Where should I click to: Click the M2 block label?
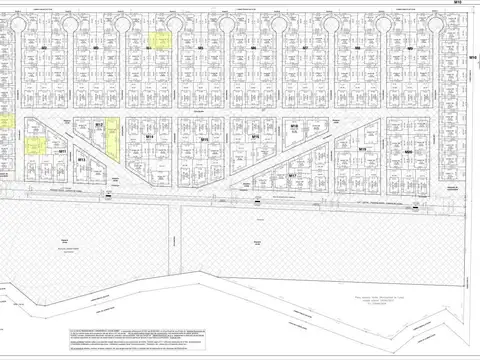click(x=45, y=47)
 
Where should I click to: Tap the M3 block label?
click(x=95, y=47)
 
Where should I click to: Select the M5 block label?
click(x=201, y=47)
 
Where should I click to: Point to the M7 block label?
click(x=304, y=47)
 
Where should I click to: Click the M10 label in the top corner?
click(x=458, y=3)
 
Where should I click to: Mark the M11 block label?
click(x=62, y=150)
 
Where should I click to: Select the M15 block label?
click(x=203, y=141)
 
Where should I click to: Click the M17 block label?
click(x=292, y=175)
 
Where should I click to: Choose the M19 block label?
click(x=362, y=150)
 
